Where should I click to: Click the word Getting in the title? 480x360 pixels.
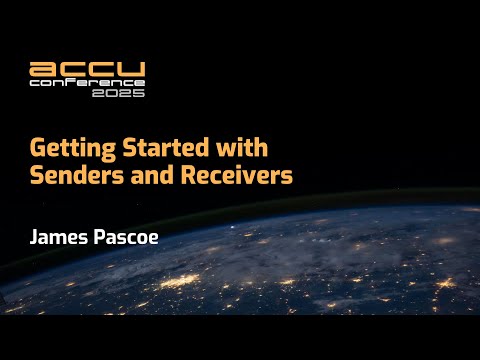(x=69, y=150)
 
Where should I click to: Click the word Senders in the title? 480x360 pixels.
(x=72, y=177)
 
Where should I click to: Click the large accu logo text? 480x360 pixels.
(x=88, y=70)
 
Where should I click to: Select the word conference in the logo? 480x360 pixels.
(x=87, y=84)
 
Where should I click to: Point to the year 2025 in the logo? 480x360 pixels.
(x=125, y=93)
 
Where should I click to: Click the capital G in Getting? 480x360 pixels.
(x=37, y=150)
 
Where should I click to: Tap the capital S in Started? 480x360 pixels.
(x=122, y=150)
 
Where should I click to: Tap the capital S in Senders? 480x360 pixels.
(x=37, y=177)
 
